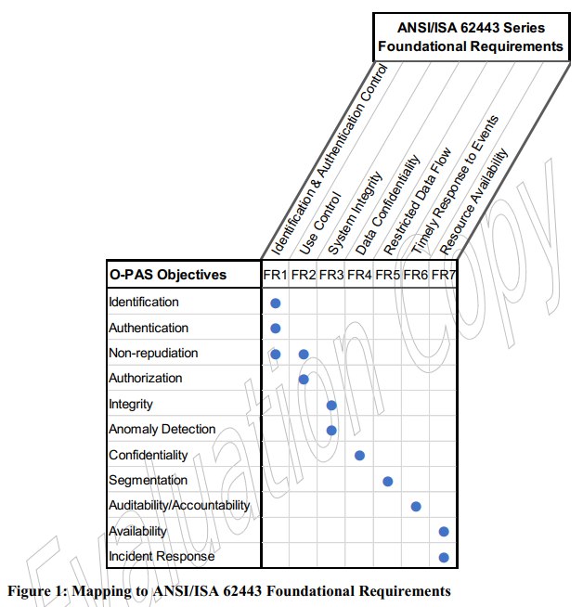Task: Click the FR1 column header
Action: click(275, 275)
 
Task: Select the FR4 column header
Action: click(359, 275)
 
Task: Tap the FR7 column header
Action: click(444, 275)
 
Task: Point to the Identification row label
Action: click(144, 302)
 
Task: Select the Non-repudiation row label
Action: click(153, 353)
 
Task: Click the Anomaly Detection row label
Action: click(162, 429)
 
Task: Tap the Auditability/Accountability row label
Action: click(179, 505)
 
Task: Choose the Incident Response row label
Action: click(162, 556)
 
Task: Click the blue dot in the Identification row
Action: click(275, 303)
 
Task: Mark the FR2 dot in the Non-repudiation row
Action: click(304, 355)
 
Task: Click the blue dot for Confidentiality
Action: click(359, 455)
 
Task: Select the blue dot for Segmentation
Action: click(387, 481)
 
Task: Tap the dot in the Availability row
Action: click(444, 532)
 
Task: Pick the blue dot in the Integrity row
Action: click(331, 406)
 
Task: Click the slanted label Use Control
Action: click(320, 224)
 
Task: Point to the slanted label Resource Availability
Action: click(473, 201)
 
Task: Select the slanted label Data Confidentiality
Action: click(388, 205)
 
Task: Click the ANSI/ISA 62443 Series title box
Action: click(471, 37)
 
